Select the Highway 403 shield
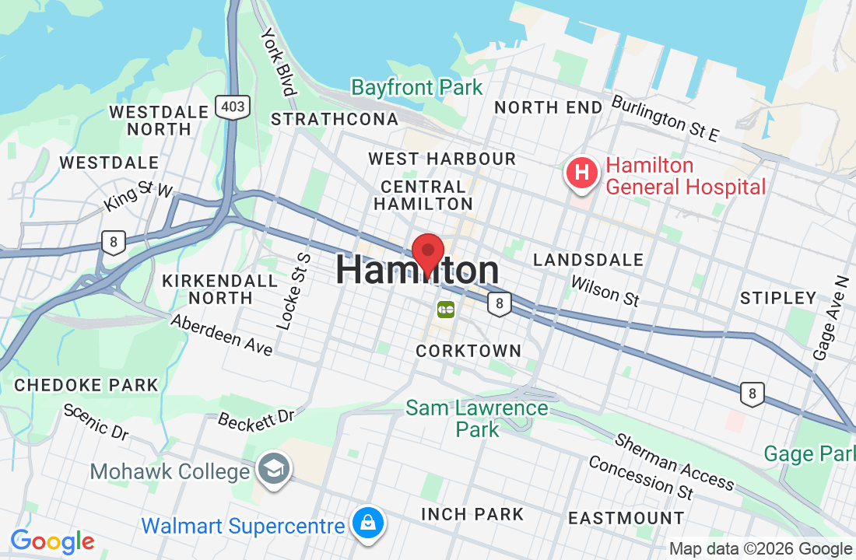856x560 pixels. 233,107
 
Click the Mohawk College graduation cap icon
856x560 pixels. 275,469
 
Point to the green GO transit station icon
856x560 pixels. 446,310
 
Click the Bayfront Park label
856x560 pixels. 417,87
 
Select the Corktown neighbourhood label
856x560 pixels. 468,351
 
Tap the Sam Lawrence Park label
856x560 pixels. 477,418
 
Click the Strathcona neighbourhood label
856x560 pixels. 335,119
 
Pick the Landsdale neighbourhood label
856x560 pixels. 588,260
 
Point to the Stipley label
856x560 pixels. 778,298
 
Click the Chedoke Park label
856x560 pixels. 86,385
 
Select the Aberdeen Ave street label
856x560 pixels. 222,334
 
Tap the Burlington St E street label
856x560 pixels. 665,118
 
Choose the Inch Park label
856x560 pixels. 472,514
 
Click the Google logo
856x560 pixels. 52,542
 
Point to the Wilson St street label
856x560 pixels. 605,290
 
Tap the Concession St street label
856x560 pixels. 640,477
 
